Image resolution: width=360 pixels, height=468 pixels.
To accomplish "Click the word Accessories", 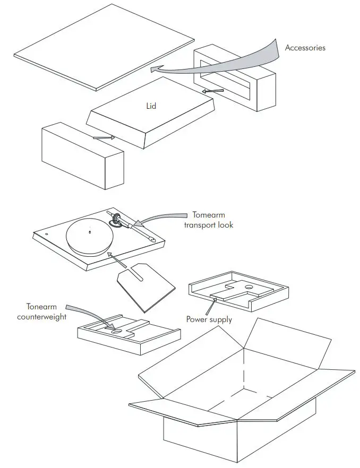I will [x=305, y=48].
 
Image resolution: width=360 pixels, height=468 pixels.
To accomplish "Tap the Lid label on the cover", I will [x=151, y=106].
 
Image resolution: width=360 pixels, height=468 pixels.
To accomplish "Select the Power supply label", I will [x=209, y=319].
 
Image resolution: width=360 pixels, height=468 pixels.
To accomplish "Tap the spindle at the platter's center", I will [x=90, y=231].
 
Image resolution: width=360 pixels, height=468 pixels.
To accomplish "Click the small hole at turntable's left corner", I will [x=46, y=233].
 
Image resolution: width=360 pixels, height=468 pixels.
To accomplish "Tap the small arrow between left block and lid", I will [x=104, y=138].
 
